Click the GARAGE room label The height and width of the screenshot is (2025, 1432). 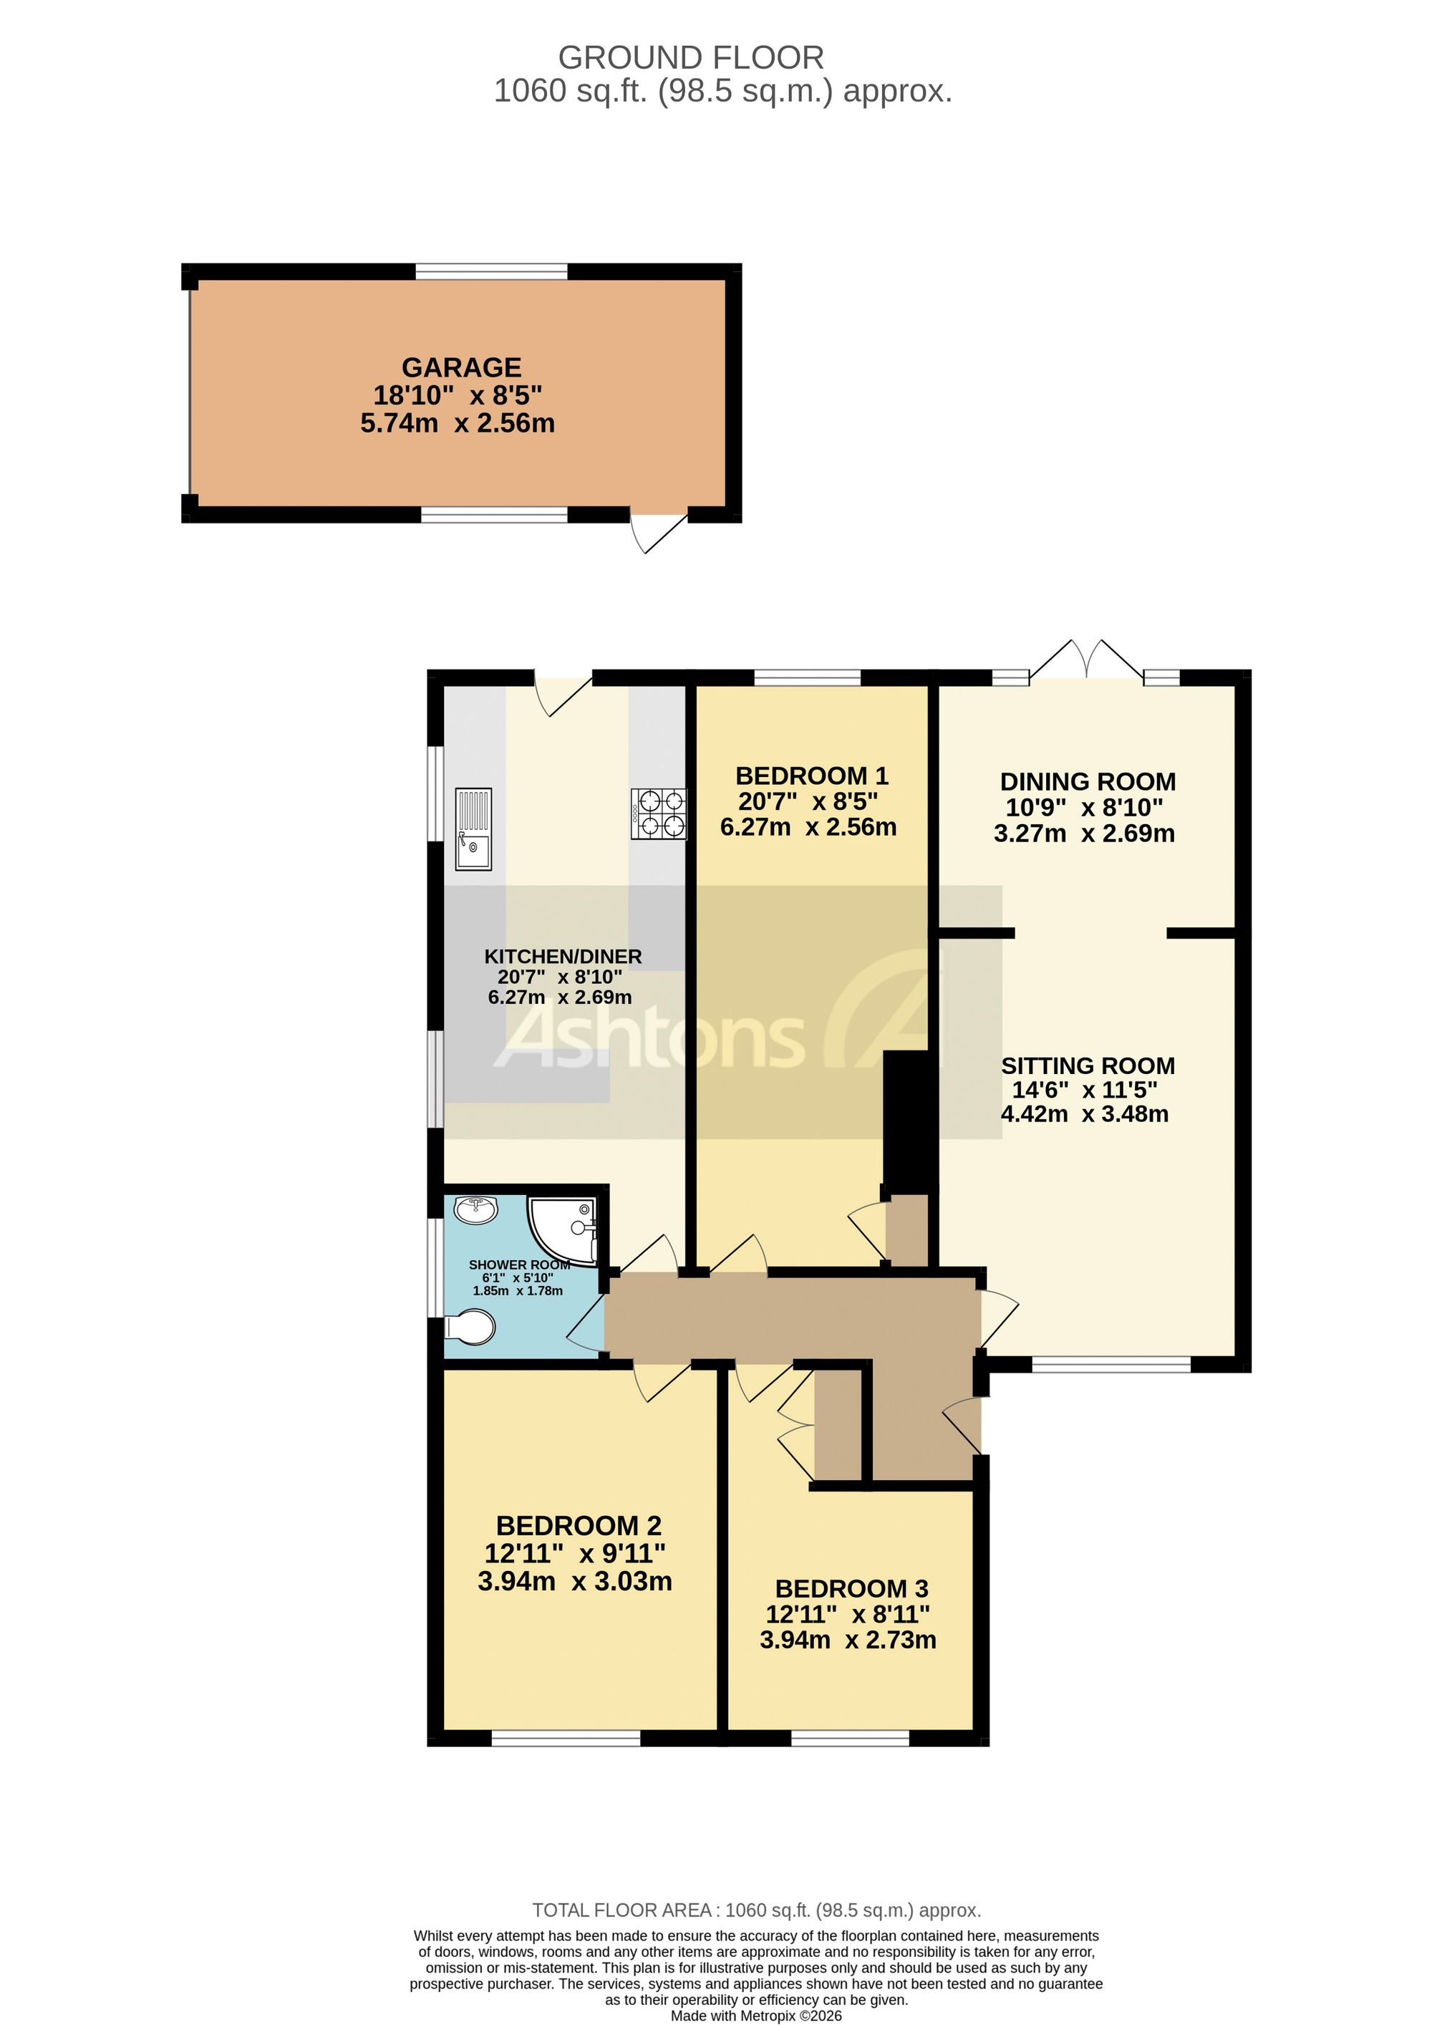461,367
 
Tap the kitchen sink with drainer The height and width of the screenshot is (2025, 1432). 473,829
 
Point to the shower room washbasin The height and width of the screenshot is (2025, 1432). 476,1209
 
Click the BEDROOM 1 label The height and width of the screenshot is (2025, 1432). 811,776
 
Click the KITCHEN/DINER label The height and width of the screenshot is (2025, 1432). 563,956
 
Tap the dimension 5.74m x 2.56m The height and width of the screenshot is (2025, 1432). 458,423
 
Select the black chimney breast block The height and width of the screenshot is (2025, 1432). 906,1122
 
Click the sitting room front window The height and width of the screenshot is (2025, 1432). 1111,1366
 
